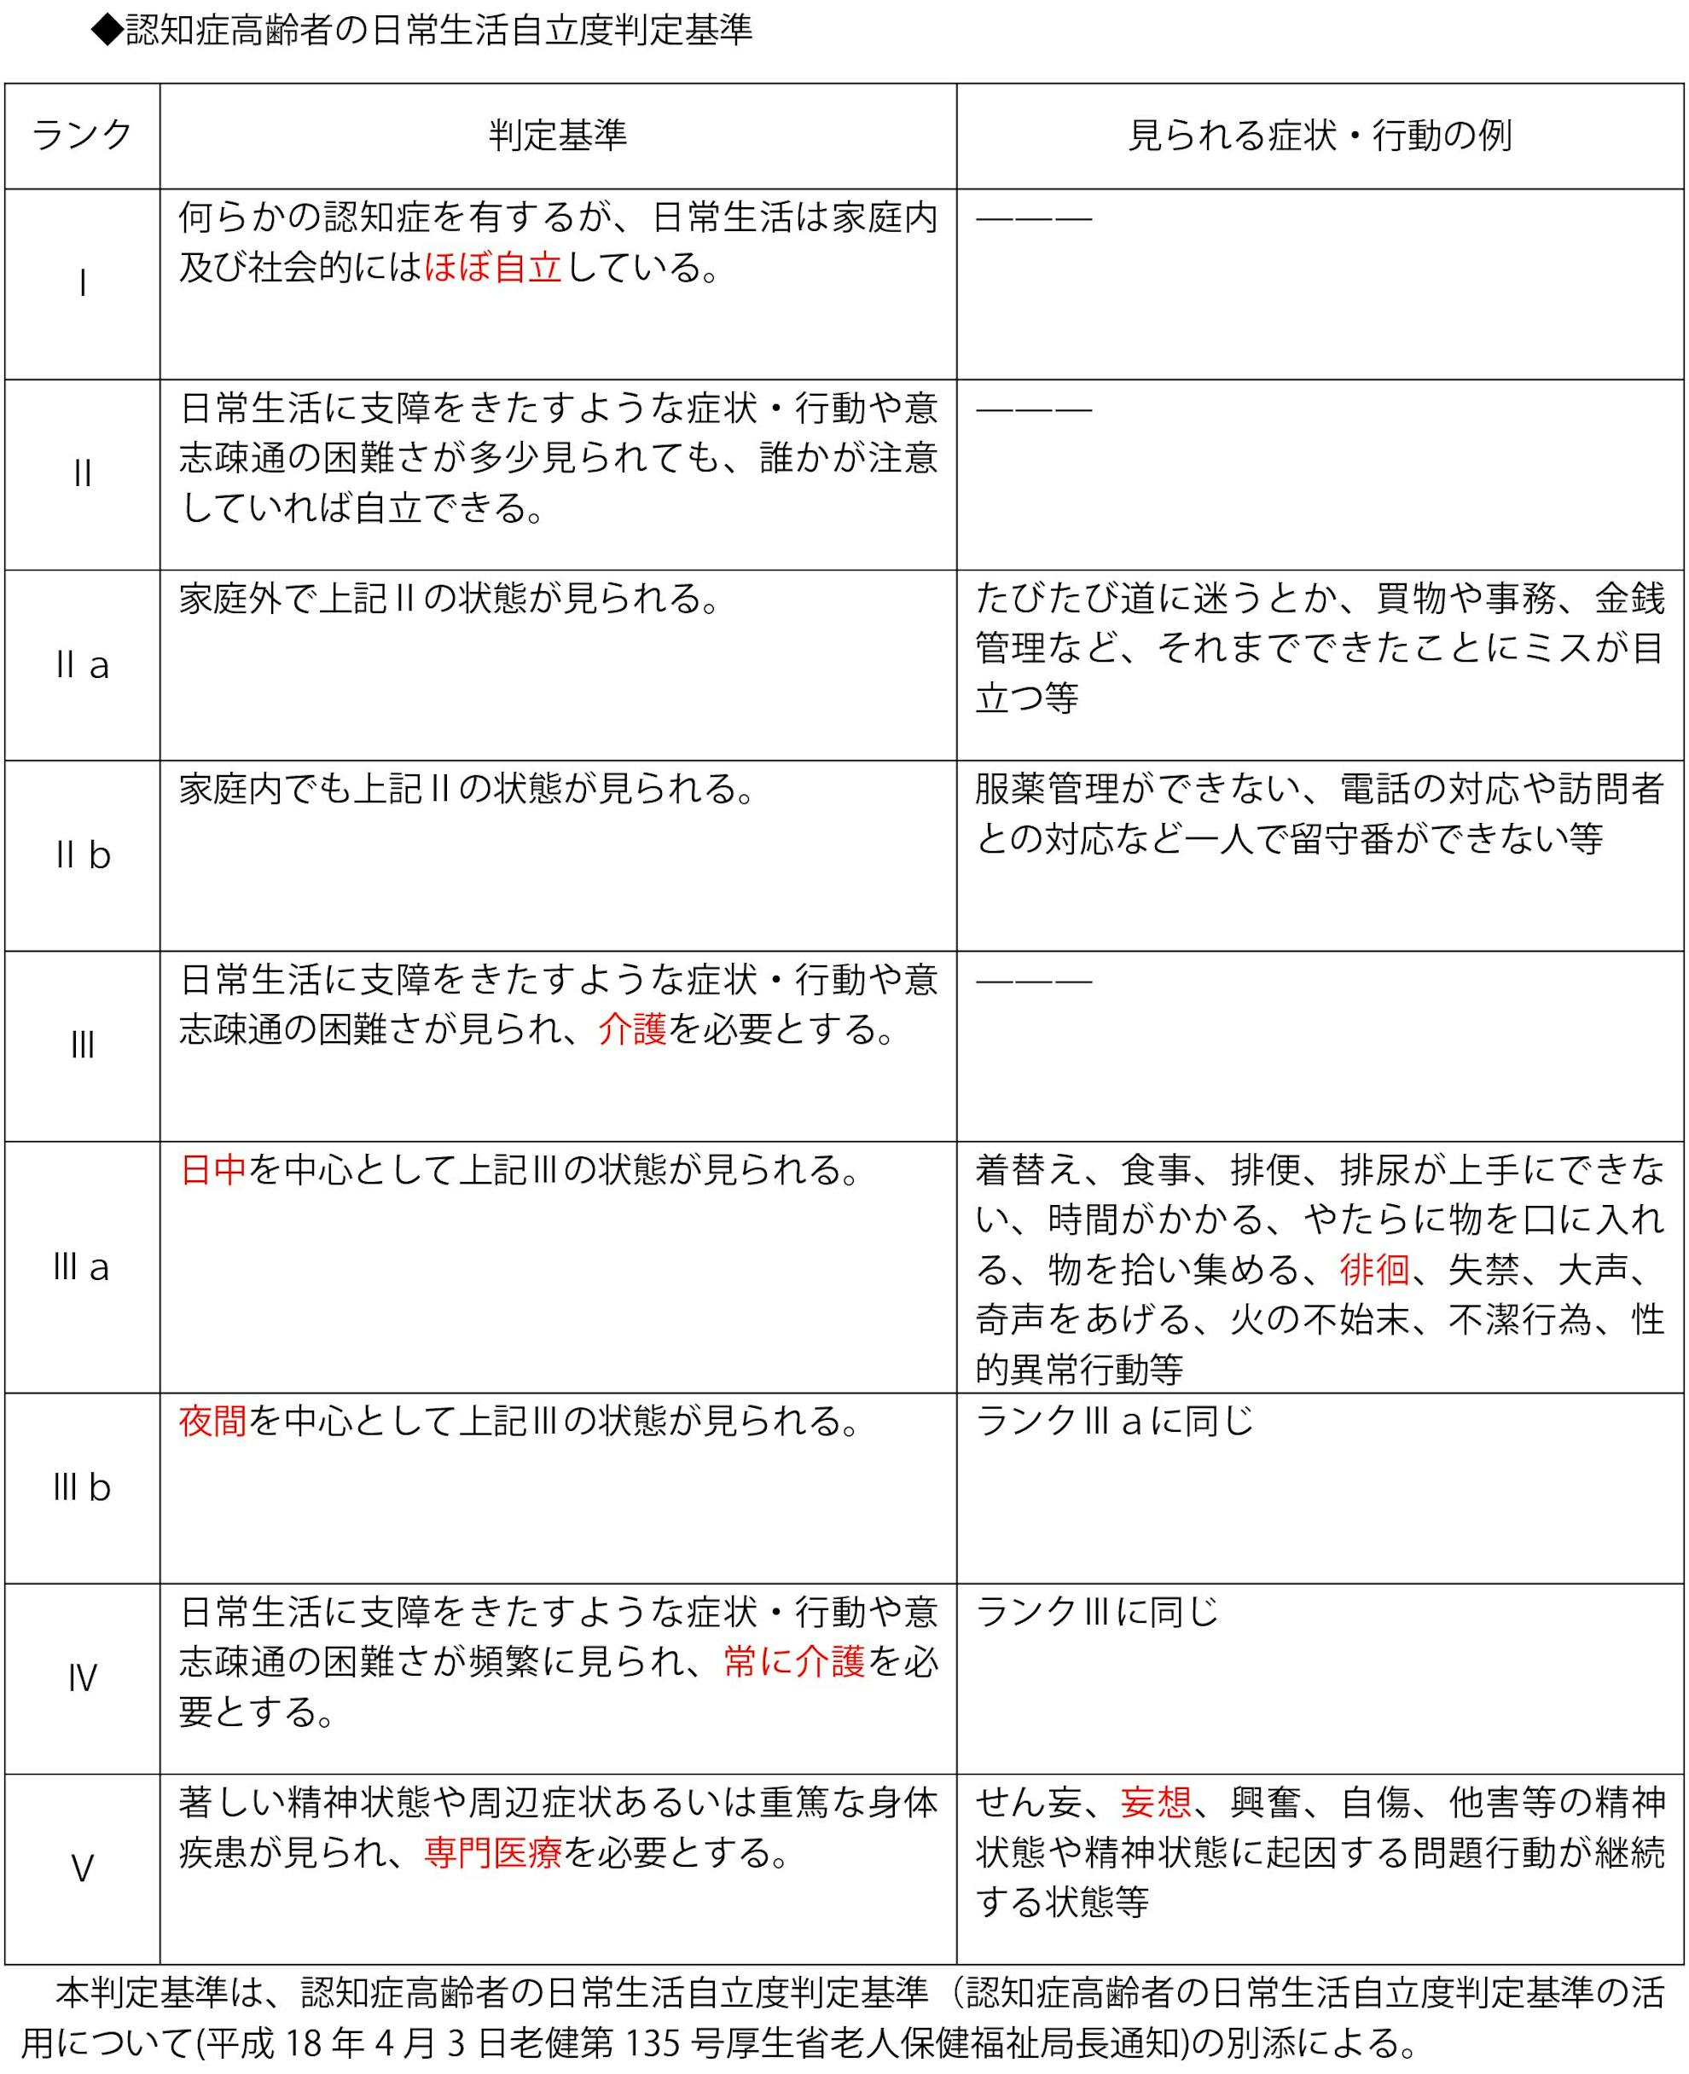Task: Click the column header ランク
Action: click(82, 136)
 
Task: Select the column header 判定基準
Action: click(558, 136)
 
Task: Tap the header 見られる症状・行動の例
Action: click(1320, 136)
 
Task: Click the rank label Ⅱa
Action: click(83, 665)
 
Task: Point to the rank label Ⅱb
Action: click(83, 855)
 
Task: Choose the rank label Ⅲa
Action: click(82, 1266)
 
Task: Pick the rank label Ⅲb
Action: click(82, 1487)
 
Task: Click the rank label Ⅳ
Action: click(83, 1678)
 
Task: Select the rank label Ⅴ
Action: click(83, 1868)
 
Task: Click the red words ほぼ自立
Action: click(493, 267)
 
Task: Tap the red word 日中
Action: click(213, 1169)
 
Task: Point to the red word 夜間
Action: click(213, 1422)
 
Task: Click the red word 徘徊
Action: click(1373, 1270)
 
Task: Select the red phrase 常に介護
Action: click(794, 1661)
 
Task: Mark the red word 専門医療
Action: click(493, 1852)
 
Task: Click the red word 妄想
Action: click(1156, 1803)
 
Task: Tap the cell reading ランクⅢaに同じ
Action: click(1114, 1422)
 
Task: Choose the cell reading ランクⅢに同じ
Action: click(1096, 1612)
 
